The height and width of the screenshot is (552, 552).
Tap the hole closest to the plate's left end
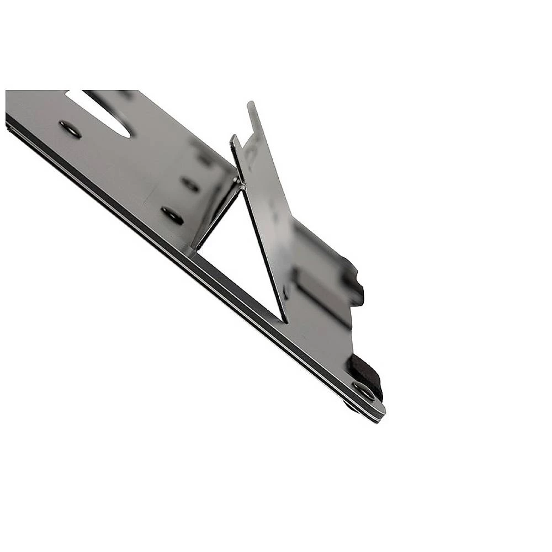point(70,129)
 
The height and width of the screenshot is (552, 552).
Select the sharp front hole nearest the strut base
point(172,215)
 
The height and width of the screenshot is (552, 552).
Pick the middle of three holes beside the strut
point(190,184)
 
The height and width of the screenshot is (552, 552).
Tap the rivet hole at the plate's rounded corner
point(364,391)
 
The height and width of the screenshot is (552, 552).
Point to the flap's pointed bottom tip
point(286,319)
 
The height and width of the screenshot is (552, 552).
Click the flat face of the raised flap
point(265,221)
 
